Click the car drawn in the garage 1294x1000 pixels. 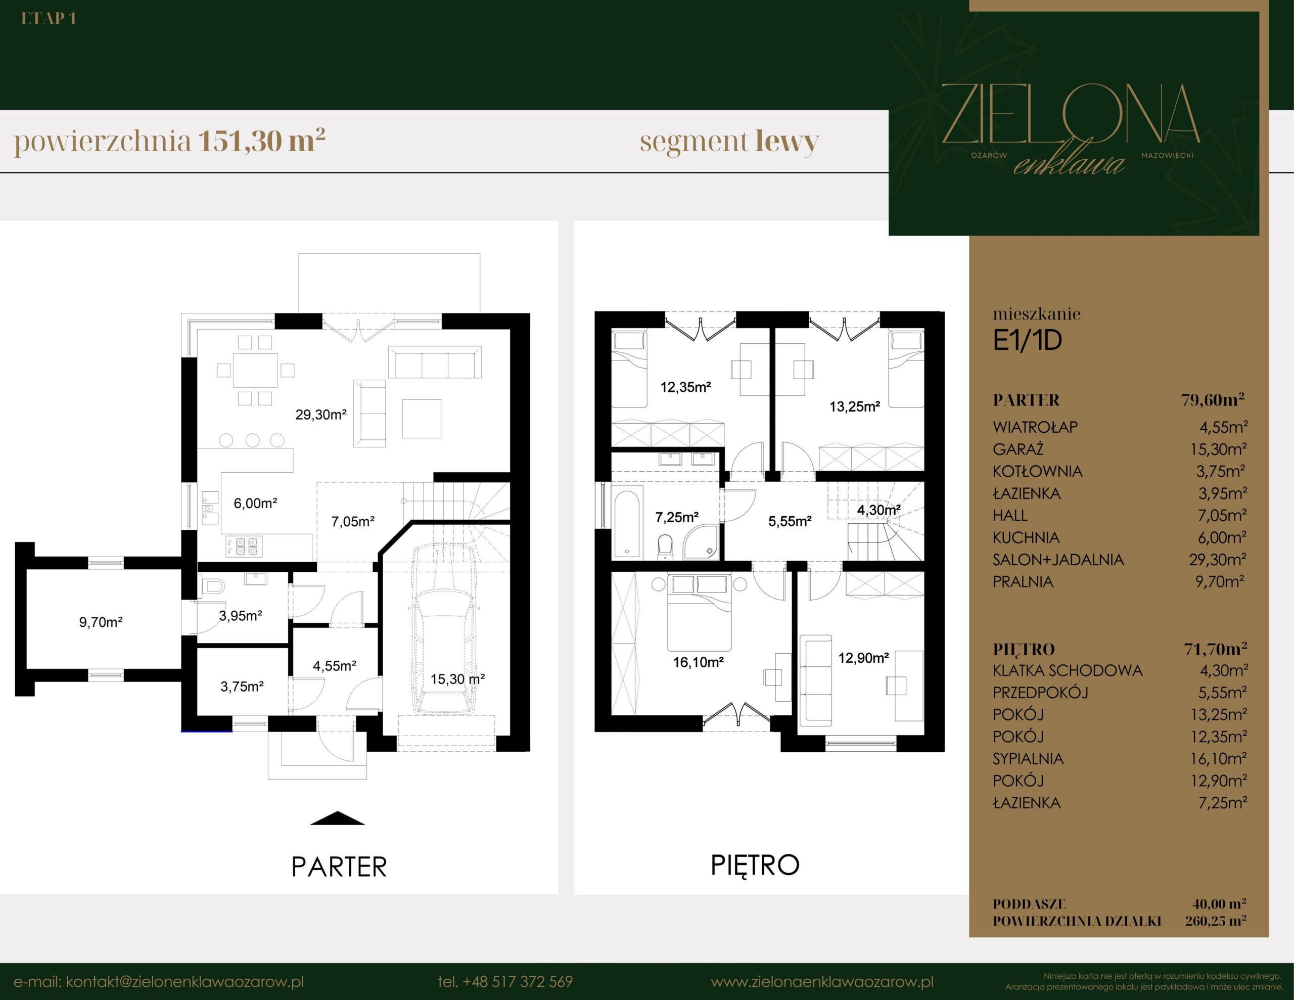tap(443, 629)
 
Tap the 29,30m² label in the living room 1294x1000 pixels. tap(320, 415)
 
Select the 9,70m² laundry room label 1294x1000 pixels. tap(101, 622)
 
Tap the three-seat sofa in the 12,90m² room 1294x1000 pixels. tap(815, 680)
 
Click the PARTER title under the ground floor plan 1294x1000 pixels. tap(339, 867)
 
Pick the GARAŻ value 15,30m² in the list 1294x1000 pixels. tap(1219, 449)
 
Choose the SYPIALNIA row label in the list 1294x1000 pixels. tap(1028, 759)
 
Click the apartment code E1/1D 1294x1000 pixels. tap(1028, 340)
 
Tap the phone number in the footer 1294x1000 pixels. tap(505, 982)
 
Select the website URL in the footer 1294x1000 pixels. tap(822, 982)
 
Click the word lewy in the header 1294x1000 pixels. tap(787, 142)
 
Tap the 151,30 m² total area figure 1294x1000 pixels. tap(261, 141)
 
